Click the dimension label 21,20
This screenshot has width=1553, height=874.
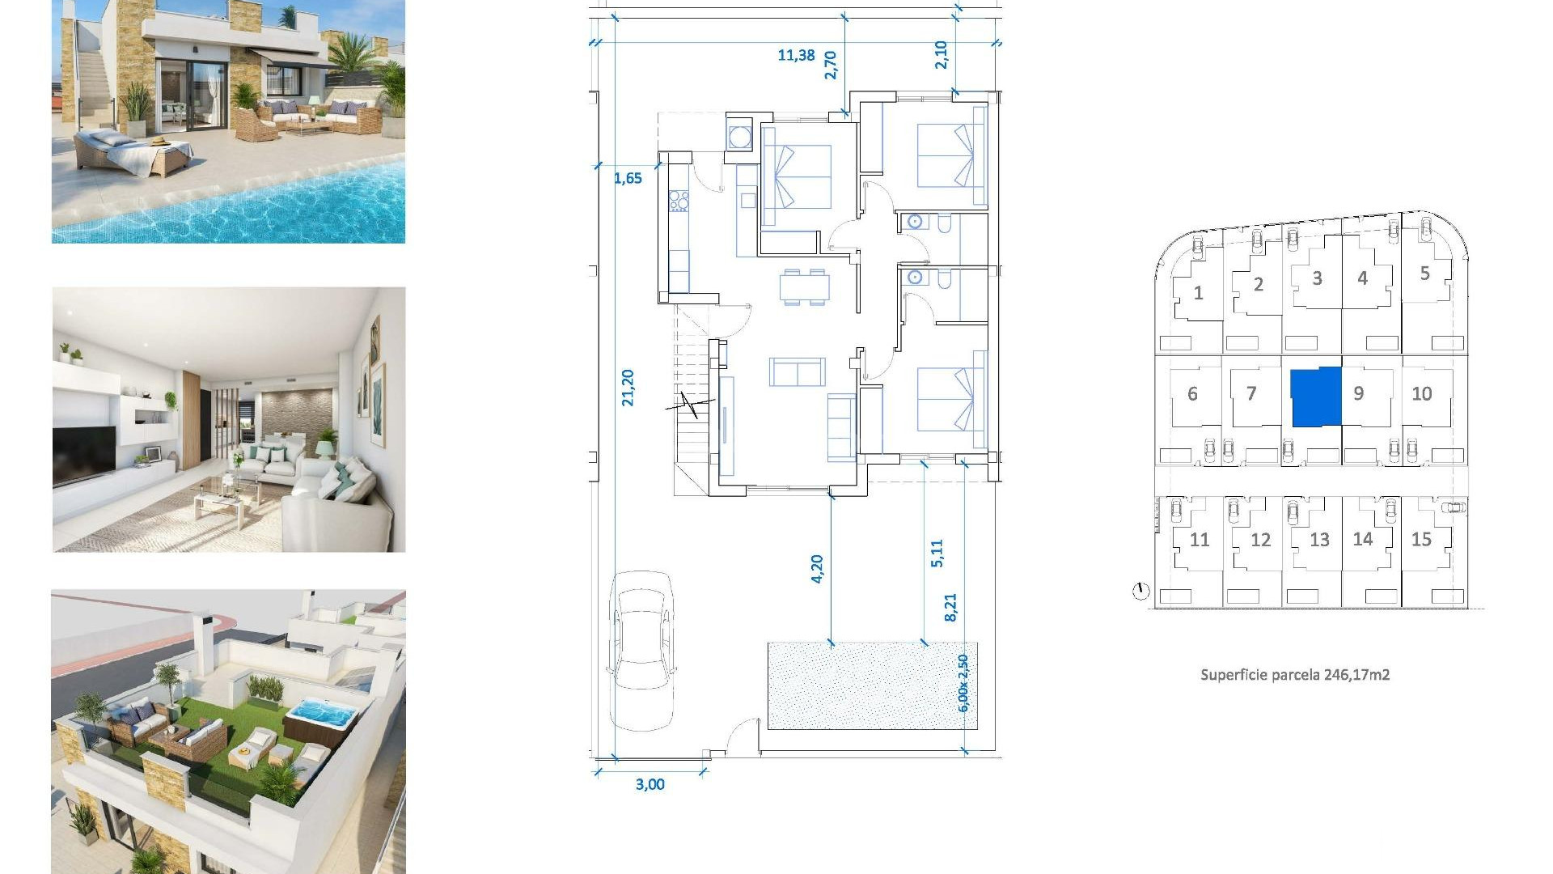628,388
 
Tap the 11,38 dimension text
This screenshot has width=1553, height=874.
796,55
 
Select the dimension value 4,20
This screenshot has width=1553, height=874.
817,569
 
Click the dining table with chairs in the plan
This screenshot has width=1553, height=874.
804,286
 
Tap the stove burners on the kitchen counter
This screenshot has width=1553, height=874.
679,201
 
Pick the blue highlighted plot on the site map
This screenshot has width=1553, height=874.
1316,397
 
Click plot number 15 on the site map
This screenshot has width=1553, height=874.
1421,540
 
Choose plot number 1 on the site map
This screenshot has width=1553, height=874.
1198,293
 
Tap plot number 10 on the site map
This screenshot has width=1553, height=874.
1421,394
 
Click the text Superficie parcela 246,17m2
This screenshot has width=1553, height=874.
1294,674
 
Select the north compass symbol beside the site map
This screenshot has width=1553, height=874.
1140,592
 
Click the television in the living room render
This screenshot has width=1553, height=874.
83,454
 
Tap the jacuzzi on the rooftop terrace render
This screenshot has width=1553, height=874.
322,715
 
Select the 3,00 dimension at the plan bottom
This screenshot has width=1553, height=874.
650,784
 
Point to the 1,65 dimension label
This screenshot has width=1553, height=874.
628,178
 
